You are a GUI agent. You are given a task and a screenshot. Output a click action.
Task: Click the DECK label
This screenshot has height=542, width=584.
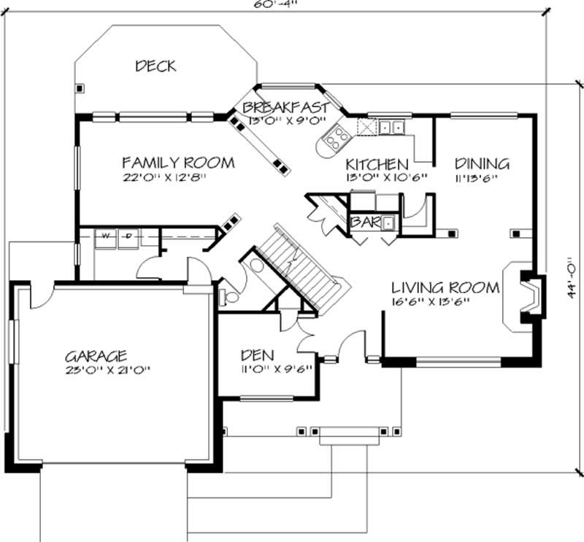(155, 66)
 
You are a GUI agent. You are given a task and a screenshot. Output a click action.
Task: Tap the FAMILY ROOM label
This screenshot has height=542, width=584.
(178, 162)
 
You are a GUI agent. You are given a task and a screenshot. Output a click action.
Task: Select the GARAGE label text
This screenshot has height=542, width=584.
(96, 357)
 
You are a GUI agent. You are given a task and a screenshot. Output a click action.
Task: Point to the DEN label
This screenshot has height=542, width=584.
(258, 355)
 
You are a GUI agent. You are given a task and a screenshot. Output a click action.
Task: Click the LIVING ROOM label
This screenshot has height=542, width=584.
(445, 287)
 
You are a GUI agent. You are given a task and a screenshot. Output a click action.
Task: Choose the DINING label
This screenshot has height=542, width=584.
(482, 163)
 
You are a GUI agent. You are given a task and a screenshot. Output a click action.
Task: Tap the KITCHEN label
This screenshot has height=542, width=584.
(377, 163)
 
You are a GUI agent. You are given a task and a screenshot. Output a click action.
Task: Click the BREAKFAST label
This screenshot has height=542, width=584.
(285, 107)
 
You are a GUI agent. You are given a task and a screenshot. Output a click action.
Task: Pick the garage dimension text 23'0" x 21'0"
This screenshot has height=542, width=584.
(110, 370)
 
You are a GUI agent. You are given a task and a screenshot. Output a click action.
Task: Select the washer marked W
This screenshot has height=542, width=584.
(105, 236)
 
